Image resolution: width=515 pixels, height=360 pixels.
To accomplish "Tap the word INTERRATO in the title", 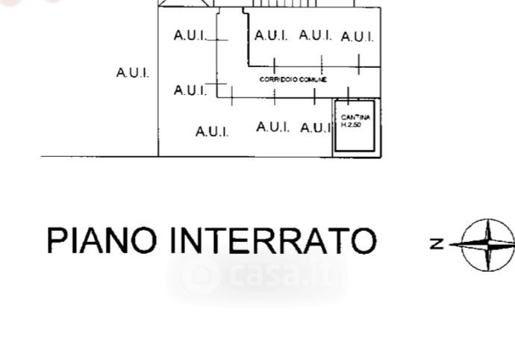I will [273, 240].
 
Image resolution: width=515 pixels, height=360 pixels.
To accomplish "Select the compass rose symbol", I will [487, 243].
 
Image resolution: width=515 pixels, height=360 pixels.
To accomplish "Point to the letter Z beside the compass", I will [437, 243].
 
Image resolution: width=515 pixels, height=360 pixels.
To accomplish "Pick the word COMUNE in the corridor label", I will [314, 79].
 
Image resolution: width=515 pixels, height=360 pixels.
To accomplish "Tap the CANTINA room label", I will [355, 118].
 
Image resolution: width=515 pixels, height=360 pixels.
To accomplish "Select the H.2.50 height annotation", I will [351, 125].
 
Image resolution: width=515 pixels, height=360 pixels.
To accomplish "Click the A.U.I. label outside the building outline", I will [133, 72].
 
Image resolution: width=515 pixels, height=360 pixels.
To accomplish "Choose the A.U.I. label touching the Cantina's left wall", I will [316, 128].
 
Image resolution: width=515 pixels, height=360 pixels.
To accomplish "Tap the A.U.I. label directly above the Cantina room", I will [358, 37].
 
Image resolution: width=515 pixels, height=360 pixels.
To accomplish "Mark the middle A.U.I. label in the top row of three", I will [315, 35].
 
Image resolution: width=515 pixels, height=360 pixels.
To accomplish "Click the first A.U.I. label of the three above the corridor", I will [271, 35].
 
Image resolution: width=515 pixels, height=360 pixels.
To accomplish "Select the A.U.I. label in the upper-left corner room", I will [190, 35].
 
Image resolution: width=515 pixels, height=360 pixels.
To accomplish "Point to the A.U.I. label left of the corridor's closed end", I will [190, 90].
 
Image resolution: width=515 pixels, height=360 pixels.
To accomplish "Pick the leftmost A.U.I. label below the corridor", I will [212, 131].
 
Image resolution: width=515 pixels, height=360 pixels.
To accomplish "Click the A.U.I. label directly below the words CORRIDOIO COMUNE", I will [272, 127].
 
